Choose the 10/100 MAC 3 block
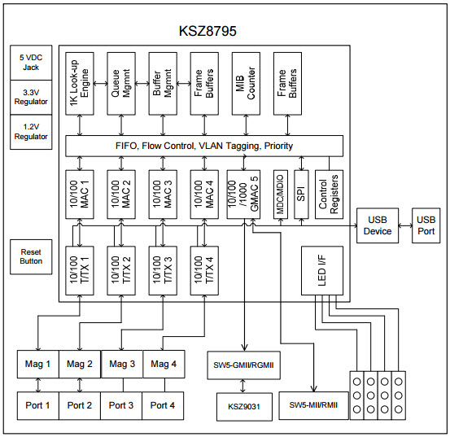(161, 195)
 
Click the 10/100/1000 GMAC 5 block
(244, 195)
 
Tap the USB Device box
(378, 225)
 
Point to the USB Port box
(426, 225)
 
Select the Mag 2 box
(80, 364)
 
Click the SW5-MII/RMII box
(312, 404)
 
